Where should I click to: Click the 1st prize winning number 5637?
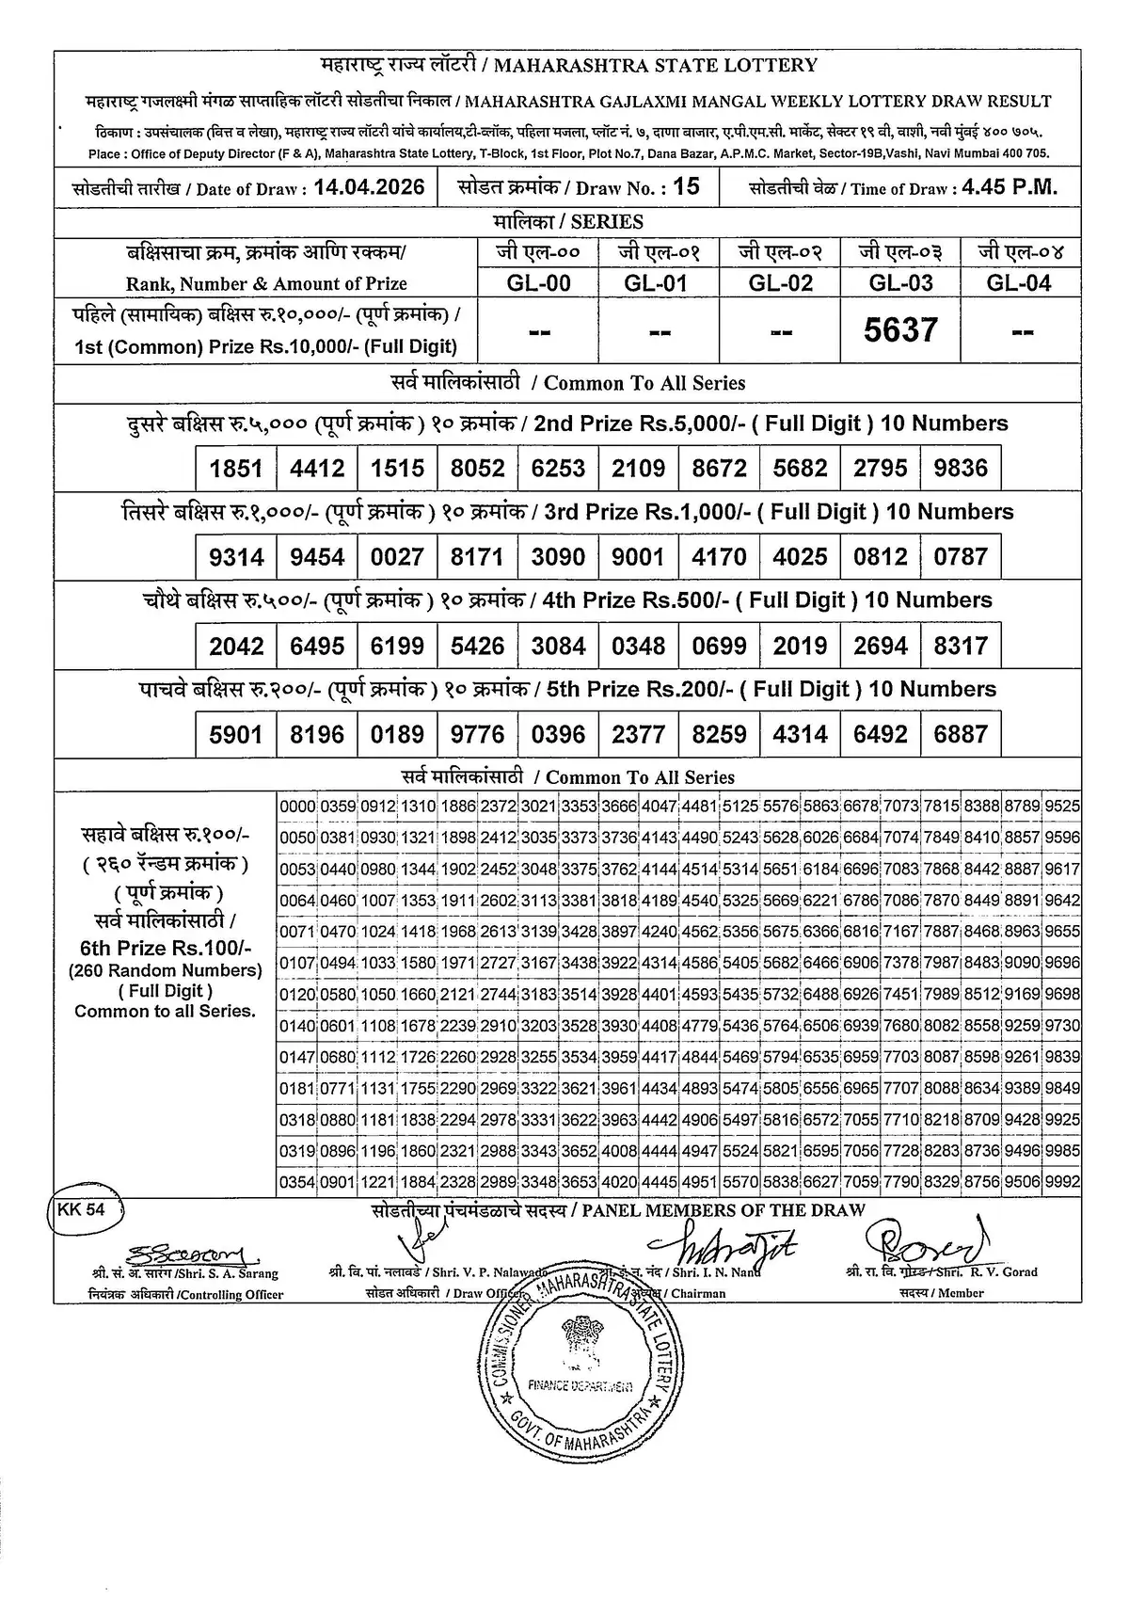click(x=901, y=329)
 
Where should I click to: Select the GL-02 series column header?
click(x=780, y=282)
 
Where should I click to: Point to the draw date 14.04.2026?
click(x=369, y=186)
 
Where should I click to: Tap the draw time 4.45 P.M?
click(x=1010, y=186)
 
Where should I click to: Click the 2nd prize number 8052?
click(x=478, y=468)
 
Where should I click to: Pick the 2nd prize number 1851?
click(x=236, y=468)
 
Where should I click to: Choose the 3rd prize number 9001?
click(x=638, y=556)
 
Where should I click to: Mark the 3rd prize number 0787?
click(x=961, y=556)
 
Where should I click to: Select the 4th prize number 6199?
click(x=397, y=646)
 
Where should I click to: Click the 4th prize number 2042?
click(x=236, y=646)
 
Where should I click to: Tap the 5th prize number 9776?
click(x=478, y=734)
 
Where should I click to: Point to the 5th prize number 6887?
click(x=961, y=734)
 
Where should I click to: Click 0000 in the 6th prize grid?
click(x=297, y=807)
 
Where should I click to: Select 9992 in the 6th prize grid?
click(x=1062, y=1182)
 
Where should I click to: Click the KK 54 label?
click(x=82, y=1210)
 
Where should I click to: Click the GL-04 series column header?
click(x=1019, y=282)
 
